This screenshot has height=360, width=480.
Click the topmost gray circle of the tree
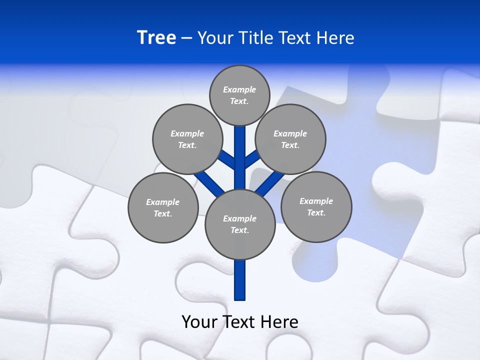pos(239,95)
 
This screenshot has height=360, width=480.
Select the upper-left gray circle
pos(187,139)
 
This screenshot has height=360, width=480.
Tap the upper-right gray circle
pos(290,139)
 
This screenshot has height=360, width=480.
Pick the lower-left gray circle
pos(163,207)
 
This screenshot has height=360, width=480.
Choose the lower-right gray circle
pos(316,206)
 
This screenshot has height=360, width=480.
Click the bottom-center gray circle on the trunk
pos(240,224)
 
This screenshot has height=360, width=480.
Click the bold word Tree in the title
pos(156,37)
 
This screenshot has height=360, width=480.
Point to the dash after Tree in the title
pos(186,38)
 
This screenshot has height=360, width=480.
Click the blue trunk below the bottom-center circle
pos(240,280)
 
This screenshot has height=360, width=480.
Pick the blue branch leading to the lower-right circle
pos(270,182)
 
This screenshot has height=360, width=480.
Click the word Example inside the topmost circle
pos(239,89)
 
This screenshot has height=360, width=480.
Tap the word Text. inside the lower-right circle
pos(316,212)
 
